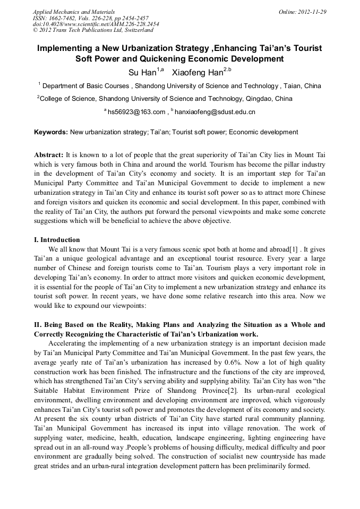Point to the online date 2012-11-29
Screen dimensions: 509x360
(x=311, y=12)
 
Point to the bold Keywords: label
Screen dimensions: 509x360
(x=51, y=132)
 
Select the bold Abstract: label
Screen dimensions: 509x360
(x=49, y=155)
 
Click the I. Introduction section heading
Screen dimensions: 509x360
(x=57, y=240)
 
